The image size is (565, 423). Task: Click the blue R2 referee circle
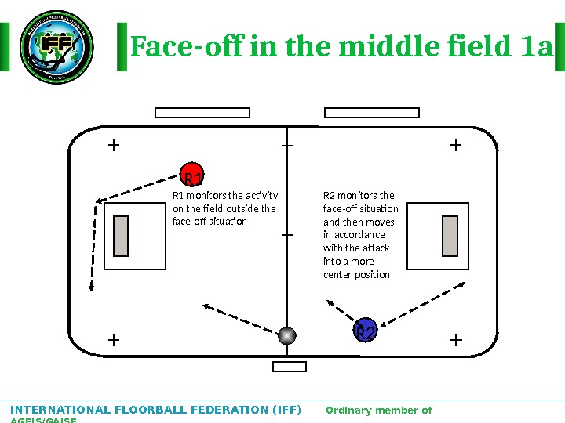(365, 331)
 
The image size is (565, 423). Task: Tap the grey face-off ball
(288, 335)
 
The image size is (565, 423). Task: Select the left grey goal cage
(121, 236)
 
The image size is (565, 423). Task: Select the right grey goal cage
(450, 236)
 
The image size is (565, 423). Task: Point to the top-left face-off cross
(113, 145)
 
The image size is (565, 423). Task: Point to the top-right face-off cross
(456, 145)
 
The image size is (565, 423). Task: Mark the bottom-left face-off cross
(113, 341)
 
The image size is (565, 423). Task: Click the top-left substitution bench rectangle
(202, 113)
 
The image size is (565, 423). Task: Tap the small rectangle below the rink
(289, 367)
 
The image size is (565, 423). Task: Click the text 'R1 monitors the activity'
(225, 195)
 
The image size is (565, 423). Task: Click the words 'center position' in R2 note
(356, 274)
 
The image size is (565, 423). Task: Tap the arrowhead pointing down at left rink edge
(92, 287)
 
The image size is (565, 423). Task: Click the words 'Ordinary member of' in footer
(378, 410)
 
